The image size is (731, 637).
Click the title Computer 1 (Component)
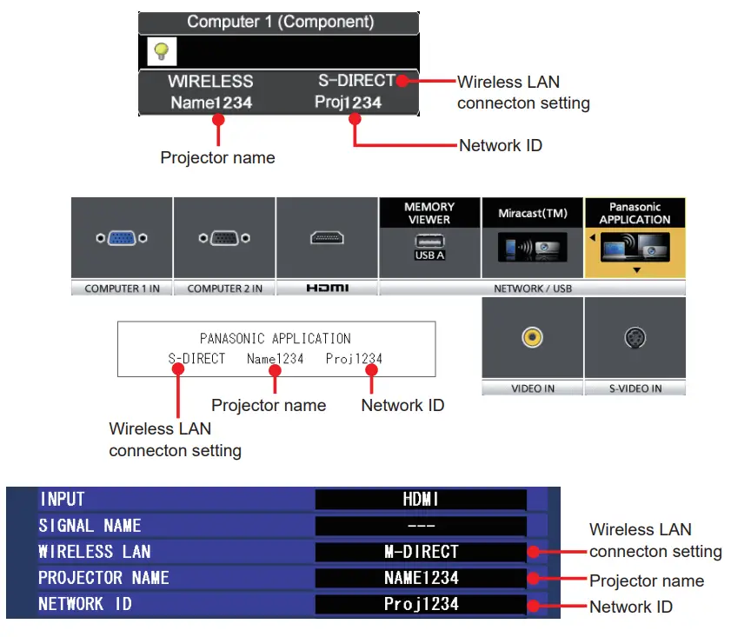click(280, 22)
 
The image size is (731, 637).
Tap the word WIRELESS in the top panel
click(210, 82)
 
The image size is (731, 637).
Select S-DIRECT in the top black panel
click(356, 81)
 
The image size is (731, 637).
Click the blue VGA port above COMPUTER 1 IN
click(122, 238)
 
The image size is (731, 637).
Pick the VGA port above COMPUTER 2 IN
click(224, 238)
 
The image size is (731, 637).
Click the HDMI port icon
click(327, 238)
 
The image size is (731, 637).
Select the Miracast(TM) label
click(532, 213)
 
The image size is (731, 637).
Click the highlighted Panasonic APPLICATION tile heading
click(635, 213)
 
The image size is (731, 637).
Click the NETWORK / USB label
click(532, 289)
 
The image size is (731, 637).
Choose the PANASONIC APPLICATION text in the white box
click(276, 338)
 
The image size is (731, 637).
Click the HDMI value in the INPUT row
click(421, 500)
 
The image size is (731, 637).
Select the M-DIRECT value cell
click(421, 552)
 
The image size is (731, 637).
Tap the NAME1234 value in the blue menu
click(421, 578)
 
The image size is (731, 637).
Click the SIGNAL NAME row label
click(90, 526)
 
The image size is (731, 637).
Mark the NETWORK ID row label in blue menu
click(85, 604)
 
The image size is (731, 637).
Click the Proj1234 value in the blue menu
click(421, 604)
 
